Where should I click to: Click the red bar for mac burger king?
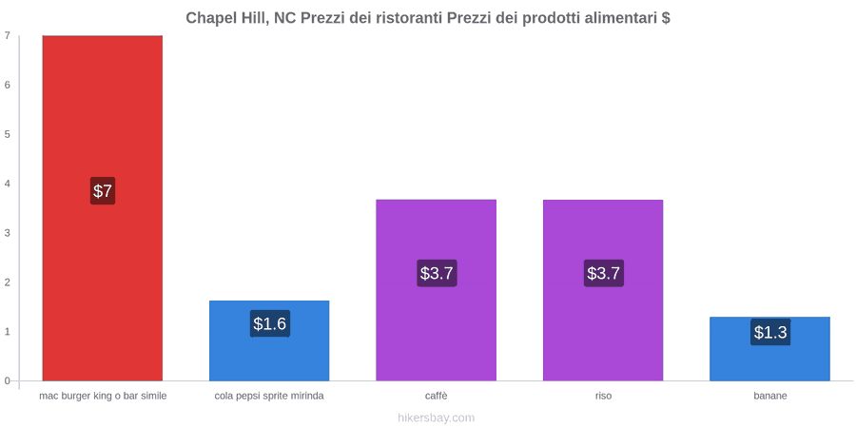(x=103, y=208)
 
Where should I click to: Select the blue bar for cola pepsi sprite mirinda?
(x=269, y=340)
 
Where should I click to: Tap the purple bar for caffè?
(x=437, y=290)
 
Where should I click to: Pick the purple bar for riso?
(x=603, y=290)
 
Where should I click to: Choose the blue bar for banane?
(x=769, y=349)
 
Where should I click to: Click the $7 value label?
(x=103, y=191)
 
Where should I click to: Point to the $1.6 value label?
(x=270, y=323)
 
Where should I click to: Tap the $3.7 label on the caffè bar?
(x=437, y=273)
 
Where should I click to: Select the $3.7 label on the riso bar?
(x=603, y=273)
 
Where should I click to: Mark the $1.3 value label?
(x=770, y=332)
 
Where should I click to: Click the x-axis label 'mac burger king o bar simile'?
(x=103, y=396)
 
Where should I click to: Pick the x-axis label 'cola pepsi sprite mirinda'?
(x=269, y=396)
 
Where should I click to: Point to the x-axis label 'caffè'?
(x=437, y=396)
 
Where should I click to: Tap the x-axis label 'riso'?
(x=603, y=396)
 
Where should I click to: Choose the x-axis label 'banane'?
(x=770, y=396)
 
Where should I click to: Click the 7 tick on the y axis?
(x=8, y=35)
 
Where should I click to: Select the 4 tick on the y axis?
(x=8, y=184)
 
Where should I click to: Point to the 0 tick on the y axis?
(x=8, y=380)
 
